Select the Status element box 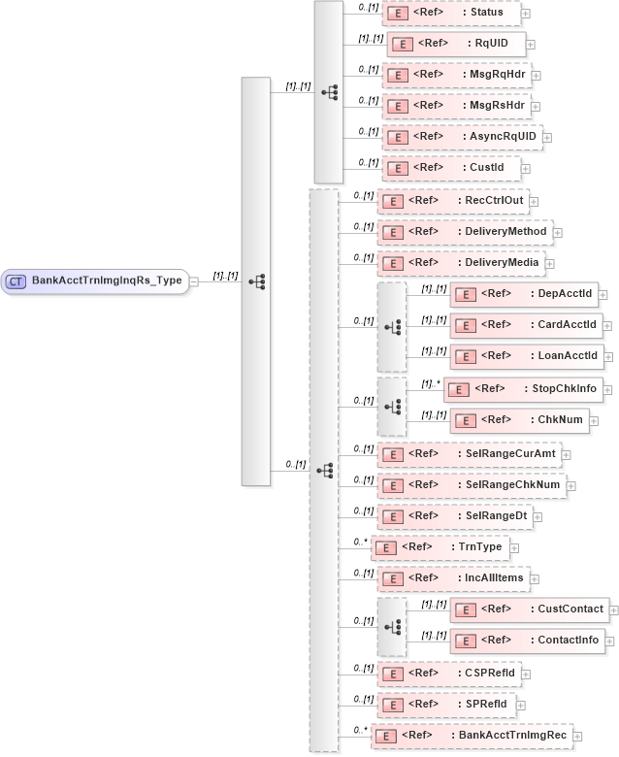click(451, 13)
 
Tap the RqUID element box click(456, 44)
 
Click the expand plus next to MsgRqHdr click(537, 75)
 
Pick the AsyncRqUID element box click(462, 137)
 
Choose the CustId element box click(451, 168)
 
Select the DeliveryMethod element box click(464, 232)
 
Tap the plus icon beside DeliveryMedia click(549, 264)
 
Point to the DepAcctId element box click(526, 294)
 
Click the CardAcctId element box click(526, 324)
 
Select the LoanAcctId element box click(526, 355)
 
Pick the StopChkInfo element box click(523, 389)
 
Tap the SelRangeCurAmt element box click(468, 453)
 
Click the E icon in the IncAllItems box click(391, 579)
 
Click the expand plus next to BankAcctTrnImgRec click(578, 737)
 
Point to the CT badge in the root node click(16, 281)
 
